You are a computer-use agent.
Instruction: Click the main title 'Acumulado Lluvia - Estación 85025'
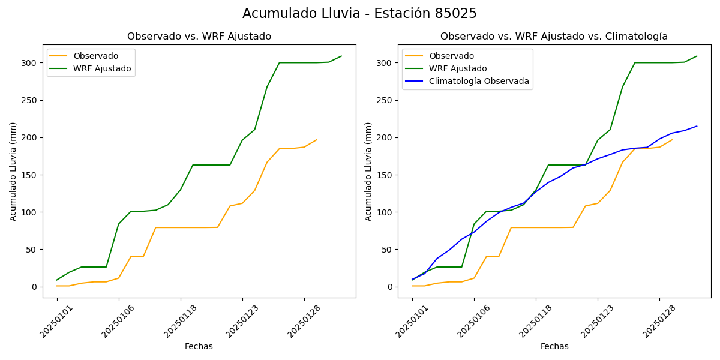point(359,14)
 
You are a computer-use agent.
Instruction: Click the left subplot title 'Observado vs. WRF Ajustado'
point(199,37)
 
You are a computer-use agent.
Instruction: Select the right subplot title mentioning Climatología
point(554,37)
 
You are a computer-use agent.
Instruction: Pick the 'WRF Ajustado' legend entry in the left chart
point(102,68)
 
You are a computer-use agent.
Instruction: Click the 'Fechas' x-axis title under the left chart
point(199,346)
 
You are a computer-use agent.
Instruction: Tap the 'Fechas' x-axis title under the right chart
point(554,346)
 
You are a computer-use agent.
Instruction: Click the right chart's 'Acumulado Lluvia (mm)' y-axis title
point(368,171)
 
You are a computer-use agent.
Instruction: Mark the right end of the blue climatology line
point(697,126)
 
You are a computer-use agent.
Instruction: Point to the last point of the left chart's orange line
point(317,140)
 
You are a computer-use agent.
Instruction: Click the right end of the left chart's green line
point(341,56)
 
